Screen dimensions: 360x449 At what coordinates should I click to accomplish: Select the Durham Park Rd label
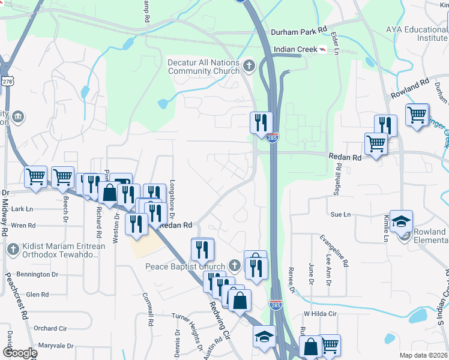point(298,29)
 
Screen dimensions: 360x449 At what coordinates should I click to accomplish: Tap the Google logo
point(19,353)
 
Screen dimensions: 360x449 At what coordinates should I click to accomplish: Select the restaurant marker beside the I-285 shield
point(261,123)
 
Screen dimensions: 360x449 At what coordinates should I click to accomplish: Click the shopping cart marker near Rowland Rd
point(417,113)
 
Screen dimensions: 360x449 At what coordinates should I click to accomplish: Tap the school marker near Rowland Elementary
point(401,221)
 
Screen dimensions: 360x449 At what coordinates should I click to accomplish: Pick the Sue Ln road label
point(340,214)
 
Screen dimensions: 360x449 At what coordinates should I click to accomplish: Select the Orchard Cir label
point(50,328)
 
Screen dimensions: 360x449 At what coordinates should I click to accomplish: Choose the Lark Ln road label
point(22,209)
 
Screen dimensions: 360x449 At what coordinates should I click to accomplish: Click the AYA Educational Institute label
point(417,33)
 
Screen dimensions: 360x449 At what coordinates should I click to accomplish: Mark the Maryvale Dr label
point(55,346)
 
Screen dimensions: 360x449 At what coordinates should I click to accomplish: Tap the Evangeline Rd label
point(334,251)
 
